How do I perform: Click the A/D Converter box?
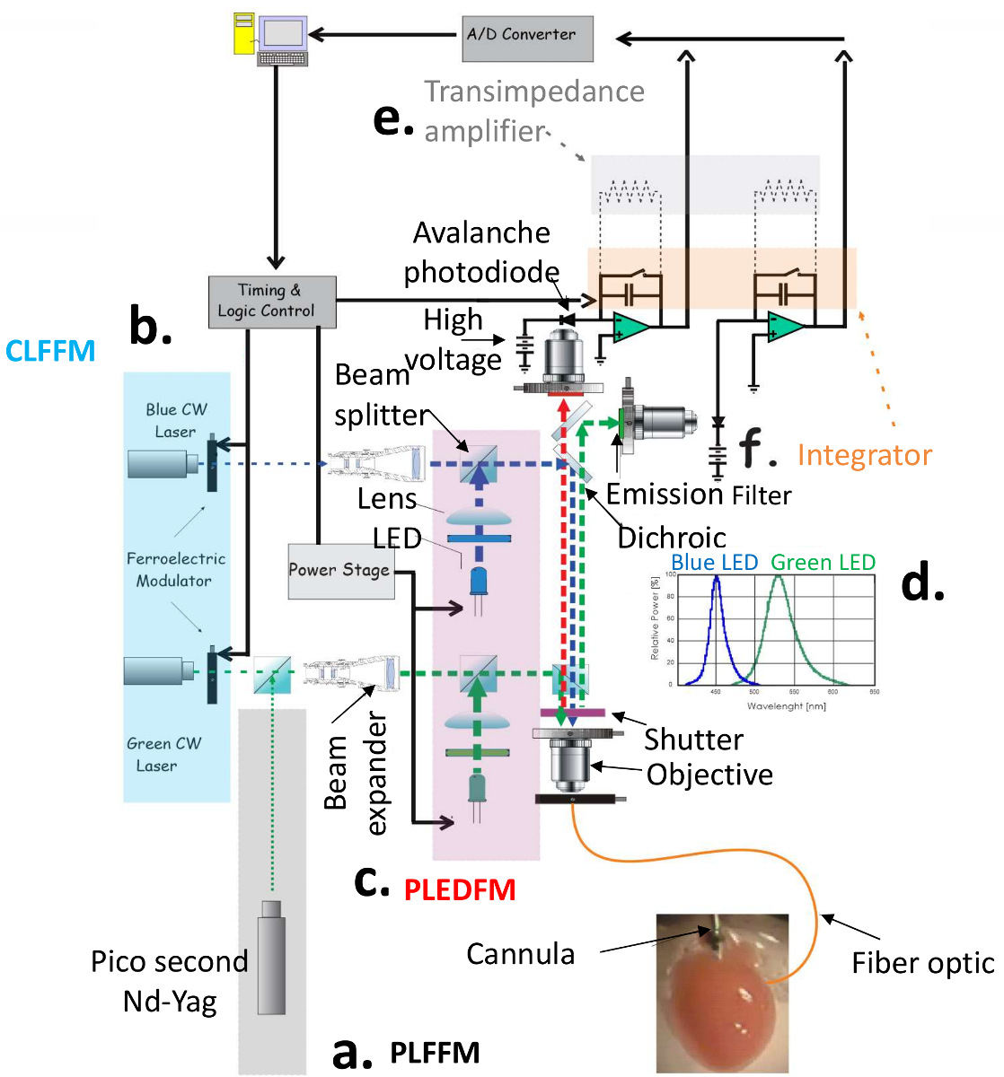tap(527, 38)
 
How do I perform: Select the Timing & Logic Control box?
tap(272, 302)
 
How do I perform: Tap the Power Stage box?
tap(340, 571)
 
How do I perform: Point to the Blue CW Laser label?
tap(176, 420)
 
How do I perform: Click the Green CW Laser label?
tap(163, 754)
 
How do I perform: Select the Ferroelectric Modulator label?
tap(175, 569)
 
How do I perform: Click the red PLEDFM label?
tap(460, 890)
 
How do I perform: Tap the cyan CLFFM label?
tap(50, 351)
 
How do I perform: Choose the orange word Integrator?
tap(864, 455)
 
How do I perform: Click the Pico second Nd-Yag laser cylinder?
tap(270, 957)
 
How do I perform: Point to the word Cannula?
tap(520, 953)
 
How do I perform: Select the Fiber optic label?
tap(922, 963)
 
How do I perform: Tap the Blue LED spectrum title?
tap(715, 563)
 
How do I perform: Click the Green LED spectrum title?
tap(823, 563)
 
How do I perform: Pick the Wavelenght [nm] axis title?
tap(786, 706)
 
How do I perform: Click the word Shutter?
tap(693, 740)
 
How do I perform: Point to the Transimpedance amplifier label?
tap(534, 111)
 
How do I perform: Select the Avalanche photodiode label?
tap(481, 252)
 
